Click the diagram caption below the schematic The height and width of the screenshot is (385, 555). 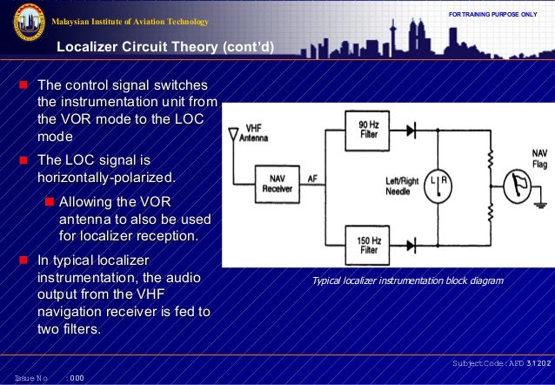pyautogui.click(x=407, y=280)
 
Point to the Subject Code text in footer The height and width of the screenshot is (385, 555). pyautogui.click(x=500, y=361)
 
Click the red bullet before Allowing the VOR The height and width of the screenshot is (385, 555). pyautogui.click(x=50, y=202)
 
